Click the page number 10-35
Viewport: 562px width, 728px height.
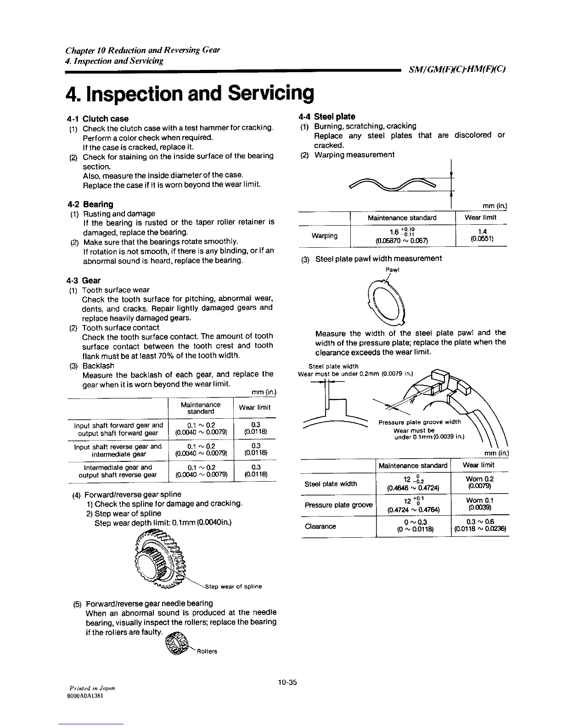[x=287, y=682]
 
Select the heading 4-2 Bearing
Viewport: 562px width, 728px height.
[x=90, y=204]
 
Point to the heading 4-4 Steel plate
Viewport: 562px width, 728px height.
[x=326, y=117]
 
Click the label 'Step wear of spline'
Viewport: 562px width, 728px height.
[x=233, y=586]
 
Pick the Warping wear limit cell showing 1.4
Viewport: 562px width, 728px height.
[x=482, y=235]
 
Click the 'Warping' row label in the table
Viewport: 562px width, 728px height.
[x=325, y=236]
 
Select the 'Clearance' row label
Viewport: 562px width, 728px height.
[x=320, y=526]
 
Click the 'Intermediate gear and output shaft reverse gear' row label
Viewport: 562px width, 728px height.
[x=118, y=471]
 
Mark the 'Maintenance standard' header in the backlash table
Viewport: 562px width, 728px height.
[x=201, y=408]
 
